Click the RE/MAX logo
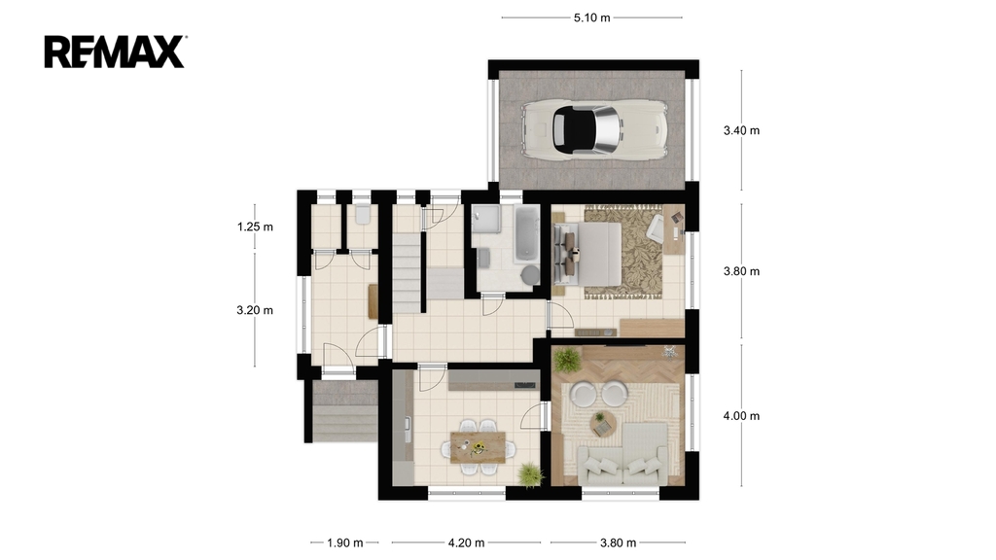[115, 52]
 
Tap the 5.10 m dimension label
[592, 17]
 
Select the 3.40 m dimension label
[741, 131]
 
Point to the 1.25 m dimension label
[256, 227]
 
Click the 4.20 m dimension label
[466, 542]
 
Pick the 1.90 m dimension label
[345, 542]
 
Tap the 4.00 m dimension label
[741, 416]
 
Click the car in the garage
[594, 129]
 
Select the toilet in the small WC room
[363, 214]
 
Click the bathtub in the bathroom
[526, 233]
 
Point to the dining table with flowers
[479, 447]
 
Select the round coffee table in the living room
[603, 422]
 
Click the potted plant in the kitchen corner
[530, 474]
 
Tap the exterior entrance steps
[344, 411]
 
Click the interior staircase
[408, 272]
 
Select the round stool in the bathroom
[530, 274]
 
